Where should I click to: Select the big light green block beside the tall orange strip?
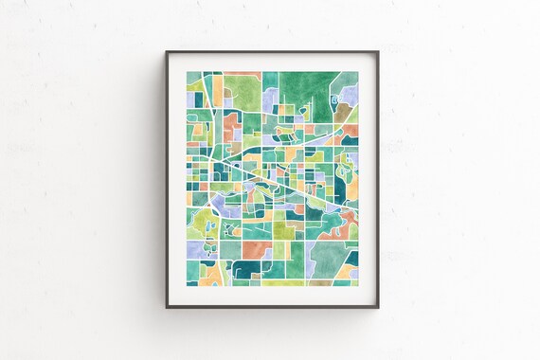(243, 91)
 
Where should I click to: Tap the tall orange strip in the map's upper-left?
(217, 90)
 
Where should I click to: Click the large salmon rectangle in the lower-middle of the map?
(256, 249)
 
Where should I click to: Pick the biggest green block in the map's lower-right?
(326, 256)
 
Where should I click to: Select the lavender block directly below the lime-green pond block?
(195, 249)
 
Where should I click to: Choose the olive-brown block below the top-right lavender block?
(342, 114)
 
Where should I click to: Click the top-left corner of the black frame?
(167, 52)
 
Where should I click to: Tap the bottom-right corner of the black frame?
(377, 306)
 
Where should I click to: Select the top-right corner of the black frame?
(377, 52)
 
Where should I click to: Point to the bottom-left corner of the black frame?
(167, 306)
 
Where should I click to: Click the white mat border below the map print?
(272, 294)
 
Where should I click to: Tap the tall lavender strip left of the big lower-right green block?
(308, 257)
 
